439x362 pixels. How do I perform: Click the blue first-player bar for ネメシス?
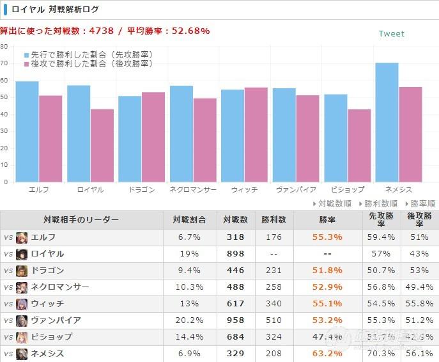[x=387, y=122]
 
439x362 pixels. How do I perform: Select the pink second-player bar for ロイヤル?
[x=102, y=145]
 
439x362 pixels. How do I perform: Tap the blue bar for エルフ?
[x=27, y=131]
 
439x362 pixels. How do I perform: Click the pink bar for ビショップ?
[x=358, y=145]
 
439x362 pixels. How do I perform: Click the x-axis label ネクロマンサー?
[x=193, y=190]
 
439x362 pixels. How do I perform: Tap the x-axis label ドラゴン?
[x=141, y=190]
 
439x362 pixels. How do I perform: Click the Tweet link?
[x=391, y=34]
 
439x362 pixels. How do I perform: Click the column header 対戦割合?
[x=190, y=220]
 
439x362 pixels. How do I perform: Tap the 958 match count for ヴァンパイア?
[x=236, y=320]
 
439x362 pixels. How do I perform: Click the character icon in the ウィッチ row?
[x=22, y=303]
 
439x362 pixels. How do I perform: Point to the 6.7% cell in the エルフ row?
[x=190, y=237]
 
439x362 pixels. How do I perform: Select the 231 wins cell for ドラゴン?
[x=274, y=270]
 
